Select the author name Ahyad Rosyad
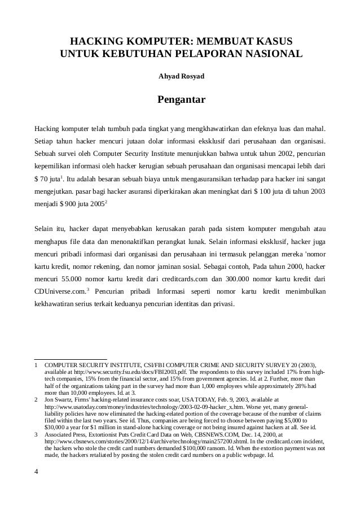pyautogui.click(x=181, y=76)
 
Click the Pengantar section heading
pyautogui.click(x=181, y=101)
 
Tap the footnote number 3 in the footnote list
pyautogui.click(x=37, y=435)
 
